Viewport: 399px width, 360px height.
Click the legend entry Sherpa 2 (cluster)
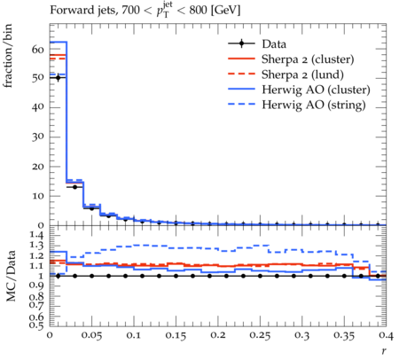[308, 59]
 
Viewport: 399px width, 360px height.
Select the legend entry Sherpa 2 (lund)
[302, 74]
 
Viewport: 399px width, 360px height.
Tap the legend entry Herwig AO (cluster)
[316, 90]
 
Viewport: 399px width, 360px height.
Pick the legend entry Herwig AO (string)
[314, 105]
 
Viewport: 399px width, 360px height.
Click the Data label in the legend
[274, 44]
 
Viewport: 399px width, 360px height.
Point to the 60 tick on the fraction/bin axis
[37, 50]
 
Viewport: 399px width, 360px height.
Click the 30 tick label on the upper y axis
[37, 137]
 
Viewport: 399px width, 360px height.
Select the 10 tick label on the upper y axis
[38, 196]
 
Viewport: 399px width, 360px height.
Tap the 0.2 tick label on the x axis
[218, 335]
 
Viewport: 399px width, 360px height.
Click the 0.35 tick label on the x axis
[344, 335]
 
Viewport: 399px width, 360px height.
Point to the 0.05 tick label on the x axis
[92, 335]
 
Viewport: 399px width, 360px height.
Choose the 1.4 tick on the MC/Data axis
[36, 236]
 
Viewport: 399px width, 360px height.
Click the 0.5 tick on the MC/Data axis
[36, 325]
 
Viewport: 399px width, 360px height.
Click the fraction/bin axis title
[8, 56]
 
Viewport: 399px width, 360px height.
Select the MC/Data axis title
[11, 276]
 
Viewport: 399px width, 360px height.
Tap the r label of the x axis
[384, 351]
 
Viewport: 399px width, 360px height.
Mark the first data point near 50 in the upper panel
[58, 78]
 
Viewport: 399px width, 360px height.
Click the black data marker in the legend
[241, 43]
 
